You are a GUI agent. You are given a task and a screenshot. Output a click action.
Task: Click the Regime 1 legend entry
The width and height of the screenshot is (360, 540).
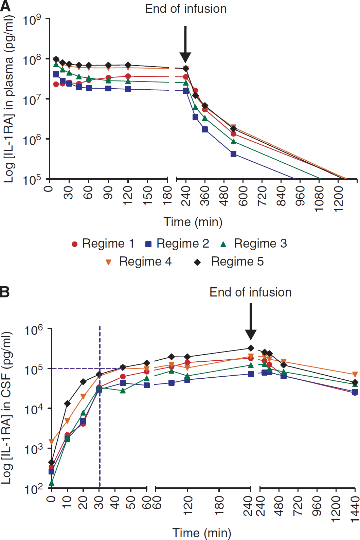click(x=103, y=244)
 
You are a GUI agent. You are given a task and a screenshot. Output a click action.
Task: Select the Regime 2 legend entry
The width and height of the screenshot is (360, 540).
click(x=177, y=244)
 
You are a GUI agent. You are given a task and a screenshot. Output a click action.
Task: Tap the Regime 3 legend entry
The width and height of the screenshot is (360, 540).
click(x=254, y=244)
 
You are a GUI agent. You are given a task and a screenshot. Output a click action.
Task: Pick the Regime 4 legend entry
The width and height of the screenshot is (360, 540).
click(x=139, y=262)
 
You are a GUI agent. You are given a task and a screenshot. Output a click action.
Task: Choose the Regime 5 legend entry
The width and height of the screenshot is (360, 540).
click(x=229, y=262)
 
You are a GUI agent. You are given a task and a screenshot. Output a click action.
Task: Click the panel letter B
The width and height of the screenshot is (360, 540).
click(x=4, y=292)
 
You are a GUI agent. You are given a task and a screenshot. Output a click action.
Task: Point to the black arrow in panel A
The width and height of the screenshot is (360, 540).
click(x=185, y=44)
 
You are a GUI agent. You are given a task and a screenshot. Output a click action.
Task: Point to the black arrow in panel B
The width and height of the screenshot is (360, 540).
click(x=251, y=322)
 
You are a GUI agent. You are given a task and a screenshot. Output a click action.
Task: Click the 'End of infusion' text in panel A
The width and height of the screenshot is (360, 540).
click(x=186, y=9)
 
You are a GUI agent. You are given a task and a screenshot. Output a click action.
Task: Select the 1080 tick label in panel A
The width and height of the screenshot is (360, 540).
click(x=319, y=199)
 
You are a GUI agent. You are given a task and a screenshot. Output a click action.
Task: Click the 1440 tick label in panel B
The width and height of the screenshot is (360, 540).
click(x=355, y=509)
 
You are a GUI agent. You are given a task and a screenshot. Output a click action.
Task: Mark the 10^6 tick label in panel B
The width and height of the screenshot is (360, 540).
click(x=34, y=330)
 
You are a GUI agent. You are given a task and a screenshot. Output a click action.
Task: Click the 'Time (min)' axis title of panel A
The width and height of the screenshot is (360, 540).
click(x=193, y=222)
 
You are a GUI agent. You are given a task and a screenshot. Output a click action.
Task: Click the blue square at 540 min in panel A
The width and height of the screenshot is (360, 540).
click(x=233, y=154)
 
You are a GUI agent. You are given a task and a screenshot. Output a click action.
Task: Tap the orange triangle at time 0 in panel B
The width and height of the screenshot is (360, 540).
click(x=51, y=442)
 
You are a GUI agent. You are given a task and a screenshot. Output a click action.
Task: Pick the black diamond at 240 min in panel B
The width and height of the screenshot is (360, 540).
click(x=251, y=348)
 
